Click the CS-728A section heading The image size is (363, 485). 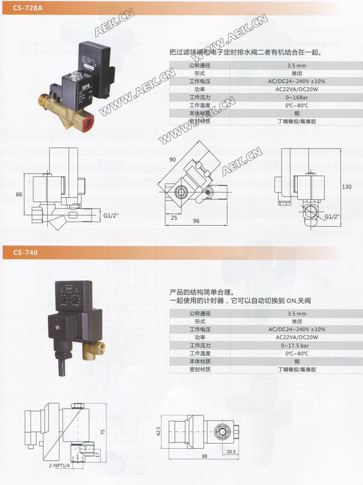click(28, 8)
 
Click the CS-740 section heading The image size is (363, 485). click(25, 252)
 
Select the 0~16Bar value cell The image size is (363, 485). click(297, 97)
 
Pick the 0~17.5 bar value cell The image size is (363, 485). click(297, 345)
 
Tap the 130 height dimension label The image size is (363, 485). click(347, 186)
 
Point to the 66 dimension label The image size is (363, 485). click(19, 194)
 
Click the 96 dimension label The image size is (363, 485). click(196, 221)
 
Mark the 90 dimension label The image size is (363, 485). click(172, 159)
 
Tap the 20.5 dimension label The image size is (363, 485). click(231, 452)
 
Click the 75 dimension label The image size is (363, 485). click(103, 432)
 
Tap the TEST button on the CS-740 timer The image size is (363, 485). click(69, 287)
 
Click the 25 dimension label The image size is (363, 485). click(174, 218)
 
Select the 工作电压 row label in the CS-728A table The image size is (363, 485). click(200, 81)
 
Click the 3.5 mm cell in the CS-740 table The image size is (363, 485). click(297, 314)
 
